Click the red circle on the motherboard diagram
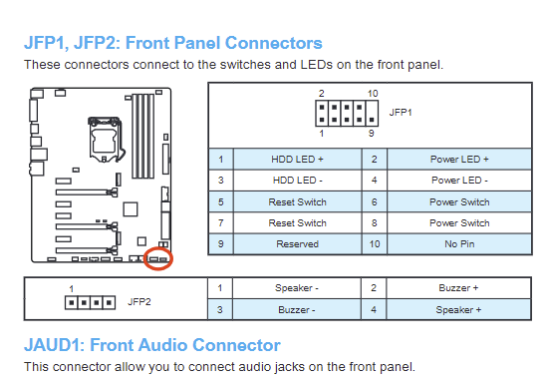(x=144, y=258)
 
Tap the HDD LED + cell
(x=297, y=160)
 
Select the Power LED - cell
(x=459, y=181)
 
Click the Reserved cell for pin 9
(x=297, y=244)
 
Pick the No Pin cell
(x=459, y=244)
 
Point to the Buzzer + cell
(x=458, y=288)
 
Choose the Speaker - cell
(x=296, y=288)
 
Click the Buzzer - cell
(x=296, y=309)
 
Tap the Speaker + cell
(x=458, y=309)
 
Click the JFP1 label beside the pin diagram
(x=401, y=113)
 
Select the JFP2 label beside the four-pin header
(x=139, y=302)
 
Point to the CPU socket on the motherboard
(x=106, y=140)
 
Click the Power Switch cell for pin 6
(x=459, y=201)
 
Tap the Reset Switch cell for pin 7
(x=297, y=223)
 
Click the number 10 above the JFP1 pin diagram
(x=373, y=94)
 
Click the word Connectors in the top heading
(x=274, y=43)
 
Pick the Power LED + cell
(x=459, y=160)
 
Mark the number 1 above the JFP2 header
(x=71, y=289)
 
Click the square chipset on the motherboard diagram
(x=131, y=209)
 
